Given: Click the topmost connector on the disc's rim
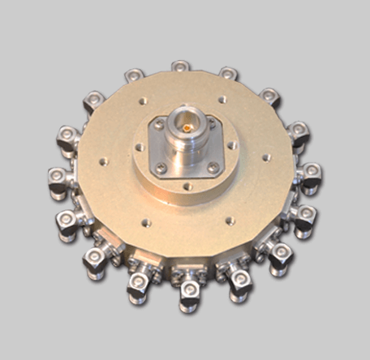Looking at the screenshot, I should (180, 66).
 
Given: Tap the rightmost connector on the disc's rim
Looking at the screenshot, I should (311, 174).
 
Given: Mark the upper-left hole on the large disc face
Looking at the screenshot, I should (143, 101).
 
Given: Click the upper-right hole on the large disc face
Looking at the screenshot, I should (222, 100).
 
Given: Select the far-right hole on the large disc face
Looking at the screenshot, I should (267, 157).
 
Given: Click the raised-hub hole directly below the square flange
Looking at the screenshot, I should (188, 186).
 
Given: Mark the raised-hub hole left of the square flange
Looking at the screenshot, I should (139, 148).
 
